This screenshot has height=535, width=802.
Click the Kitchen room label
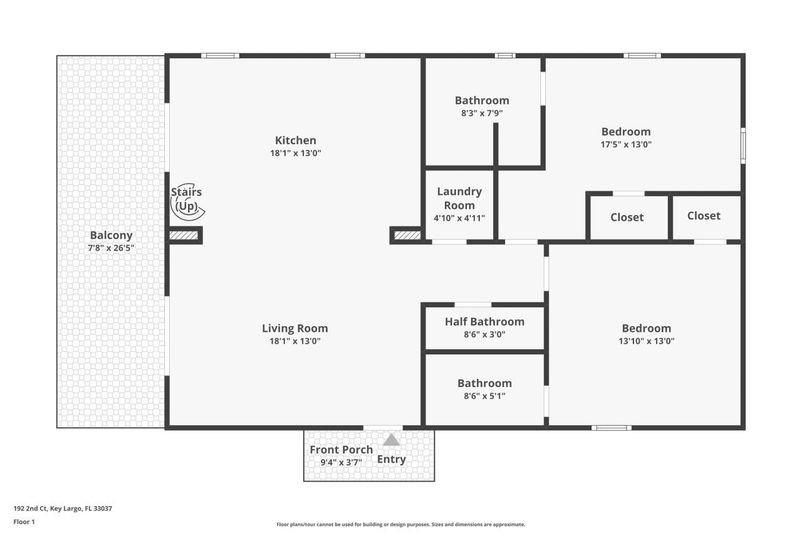(295, 140)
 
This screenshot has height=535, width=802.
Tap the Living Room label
(294, 328)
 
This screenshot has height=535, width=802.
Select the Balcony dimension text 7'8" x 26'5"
(112, 248)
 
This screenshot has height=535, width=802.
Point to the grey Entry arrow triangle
(392, 440)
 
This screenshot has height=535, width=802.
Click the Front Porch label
(341, 450)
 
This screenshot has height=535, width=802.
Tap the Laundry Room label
(459, 198)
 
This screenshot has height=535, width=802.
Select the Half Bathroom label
(484, 322)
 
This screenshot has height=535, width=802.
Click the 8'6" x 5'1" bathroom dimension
(484, 396)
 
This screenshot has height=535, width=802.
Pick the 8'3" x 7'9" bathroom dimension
(482, 114)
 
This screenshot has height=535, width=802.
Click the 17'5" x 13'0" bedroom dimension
(626, 144)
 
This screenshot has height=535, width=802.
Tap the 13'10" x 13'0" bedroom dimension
(646, 341)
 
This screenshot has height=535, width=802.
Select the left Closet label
(627, 217)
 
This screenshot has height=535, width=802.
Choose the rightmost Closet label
(704, 216)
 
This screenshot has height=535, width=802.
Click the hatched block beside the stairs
(184, 236)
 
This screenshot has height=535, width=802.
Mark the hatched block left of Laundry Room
(407, 236)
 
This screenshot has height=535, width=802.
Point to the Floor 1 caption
(24, 521)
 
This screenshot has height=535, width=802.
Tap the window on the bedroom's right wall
(743, 146)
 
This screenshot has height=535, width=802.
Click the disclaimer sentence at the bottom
(401, 524)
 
